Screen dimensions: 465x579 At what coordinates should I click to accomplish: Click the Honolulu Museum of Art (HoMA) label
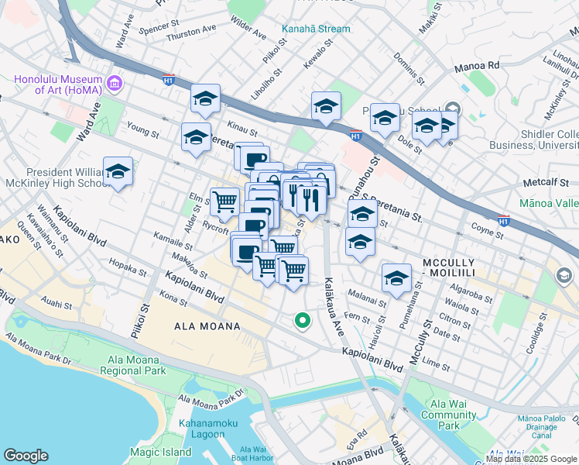click(58, 85)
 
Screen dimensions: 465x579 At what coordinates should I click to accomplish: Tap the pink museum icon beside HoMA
click(115, 82)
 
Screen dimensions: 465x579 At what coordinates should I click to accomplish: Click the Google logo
click(26, 455)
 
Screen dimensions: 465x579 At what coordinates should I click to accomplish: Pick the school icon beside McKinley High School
click(118, 172)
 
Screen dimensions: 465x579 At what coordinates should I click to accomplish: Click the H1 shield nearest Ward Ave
click(168, 78)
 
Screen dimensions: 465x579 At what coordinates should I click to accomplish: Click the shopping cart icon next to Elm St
click(224, 201)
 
